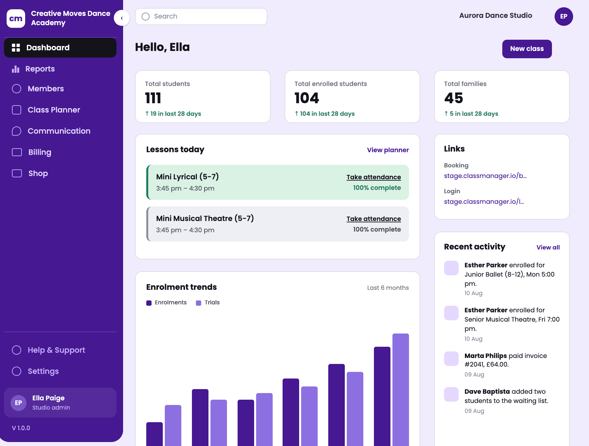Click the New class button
click(527, 49)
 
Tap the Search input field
click(201, 17)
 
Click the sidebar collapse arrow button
click(122, 18)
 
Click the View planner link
click(388, 150)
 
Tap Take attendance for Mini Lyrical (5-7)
click(374, 177)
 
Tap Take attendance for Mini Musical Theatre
click(374, 219)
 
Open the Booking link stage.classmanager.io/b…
click(485, 176)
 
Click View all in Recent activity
click(548, 247)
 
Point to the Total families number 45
click(453, 98)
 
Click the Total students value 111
click(153, 98)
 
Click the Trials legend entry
click(208, 303)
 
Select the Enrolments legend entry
click(166, 303)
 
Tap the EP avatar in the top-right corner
click(564, 17)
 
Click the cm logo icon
click(16, 19)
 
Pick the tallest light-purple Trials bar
click(401, 390)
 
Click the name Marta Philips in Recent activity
click(485, 356)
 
